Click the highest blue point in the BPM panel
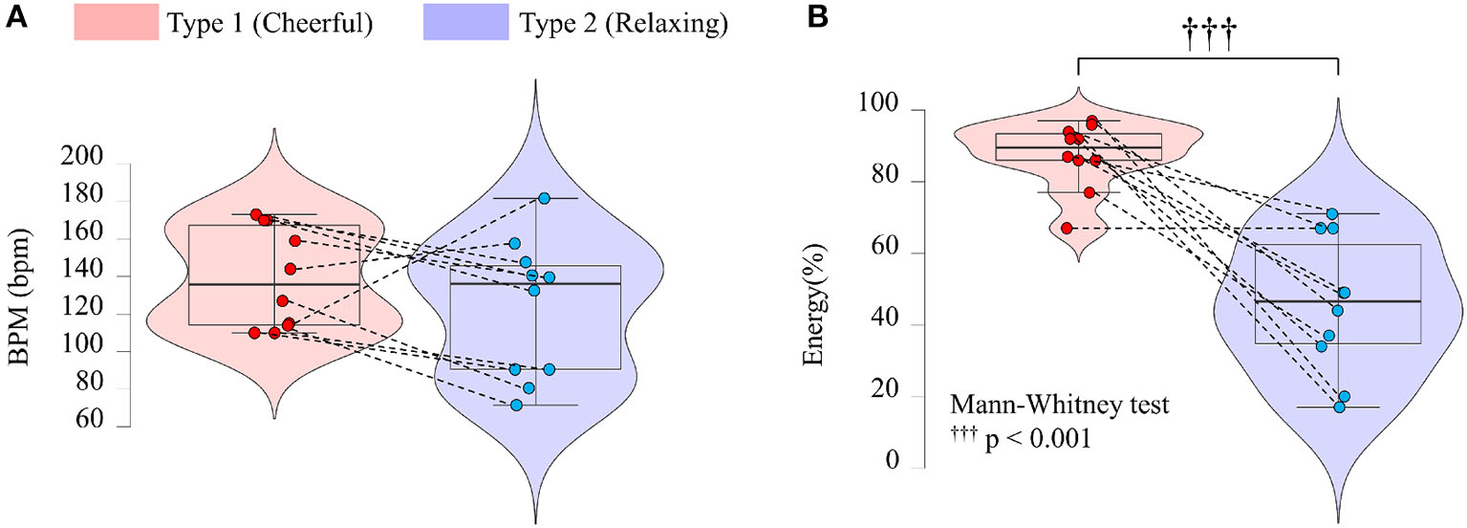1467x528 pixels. (544, 198)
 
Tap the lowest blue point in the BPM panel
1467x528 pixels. (516, 405)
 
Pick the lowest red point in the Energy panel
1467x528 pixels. (1067, 229)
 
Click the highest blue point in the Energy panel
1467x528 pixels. (1332, 214)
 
